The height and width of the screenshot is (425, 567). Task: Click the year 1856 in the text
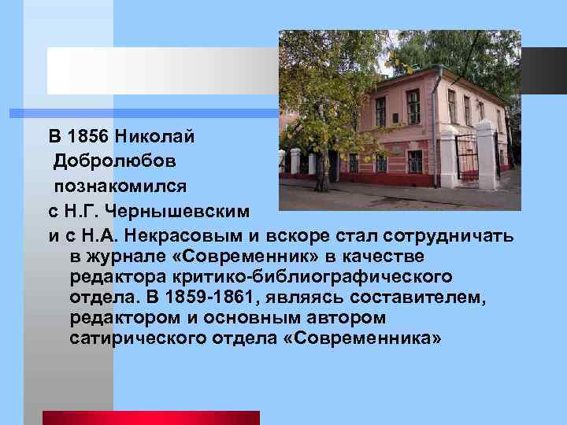coord(87,136)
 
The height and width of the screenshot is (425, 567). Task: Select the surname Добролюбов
coord(115,161)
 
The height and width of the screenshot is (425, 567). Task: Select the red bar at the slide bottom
coord(150,417)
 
